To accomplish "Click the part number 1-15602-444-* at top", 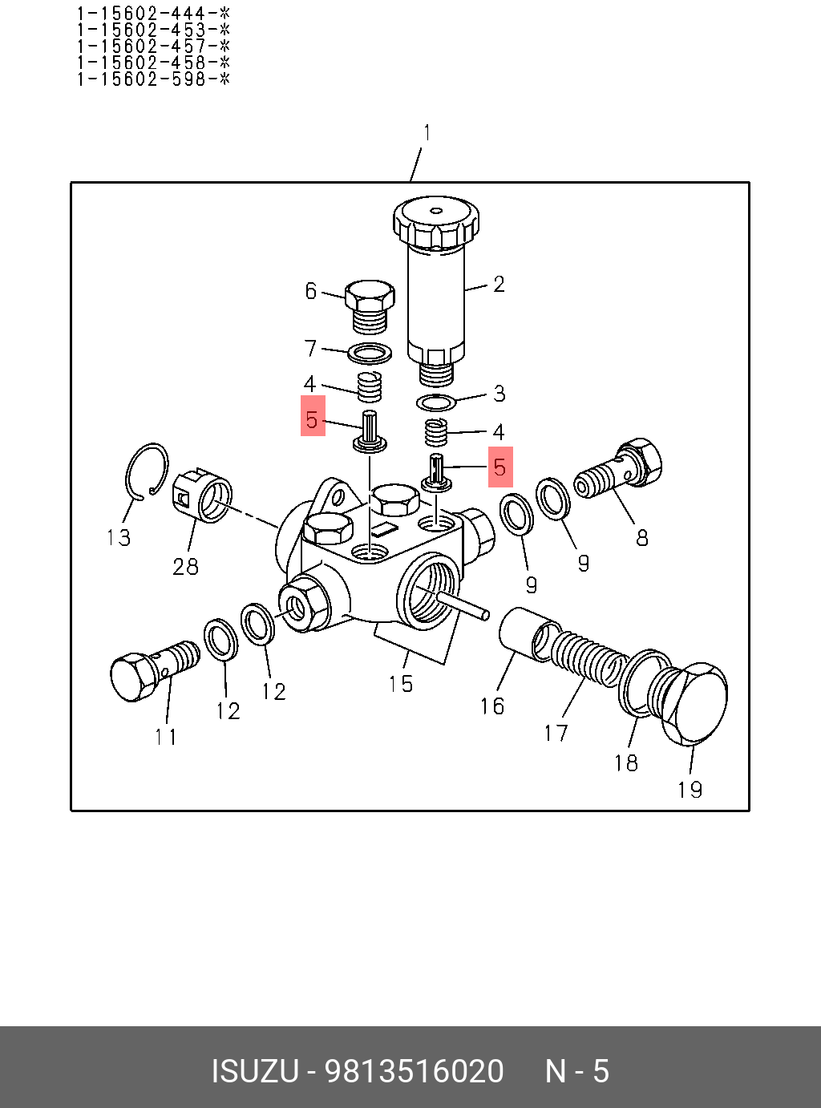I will [153, 14].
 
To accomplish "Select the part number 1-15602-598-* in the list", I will [153, 79].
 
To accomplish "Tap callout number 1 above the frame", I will [427, 133].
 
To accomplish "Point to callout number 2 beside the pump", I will [499, 285].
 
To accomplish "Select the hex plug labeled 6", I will [369, 305].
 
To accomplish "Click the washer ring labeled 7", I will [370, 353].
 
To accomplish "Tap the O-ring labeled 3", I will [436, 402].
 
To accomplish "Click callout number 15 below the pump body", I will [401, 684].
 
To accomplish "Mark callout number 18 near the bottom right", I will [626, 762].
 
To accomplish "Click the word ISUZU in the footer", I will [254, 1071].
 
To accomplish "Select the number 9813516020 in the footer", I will [414, 1071].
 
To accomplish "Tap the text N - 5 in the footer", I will [577, 1071].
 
